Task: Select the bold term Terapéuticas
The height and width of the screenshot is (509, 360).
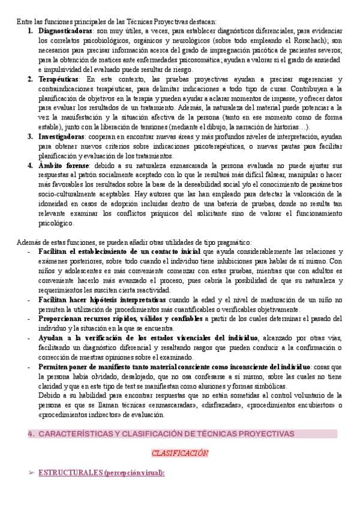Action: click(58, 80)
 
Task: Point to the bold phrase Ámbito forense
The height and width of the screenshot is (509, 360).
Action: click(63, 164)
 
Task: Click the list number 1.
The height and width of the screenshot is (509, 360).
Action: click(30, 31)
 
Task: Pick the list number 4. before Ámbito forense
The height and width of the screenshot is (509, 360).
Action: click(30, 164)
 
